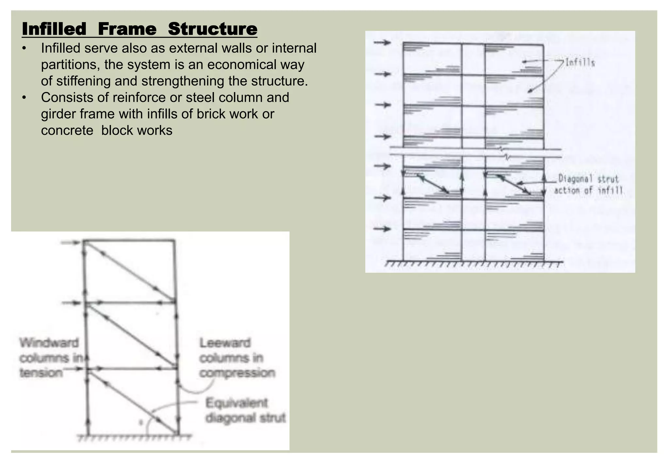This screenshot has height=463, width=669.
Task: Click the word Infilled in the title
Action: pyautogui.click(x=54, y=29)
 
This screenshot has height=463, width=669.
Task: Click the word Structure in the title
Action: pyautogui.click(x=212, y=29)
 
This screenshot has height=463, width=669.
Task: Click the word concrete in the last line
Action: pyautogui.click(x=67, y=131)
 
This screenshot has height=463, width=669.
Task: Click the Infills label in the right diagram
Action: pyautogui.click(x=580, y=62)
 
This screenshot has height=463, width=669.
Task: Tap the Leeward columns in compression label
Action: pyautogui.click(x=237, y=358)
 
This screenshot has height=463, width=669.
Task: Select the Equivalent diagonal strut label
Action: pyautogui.click(x=245, y=410)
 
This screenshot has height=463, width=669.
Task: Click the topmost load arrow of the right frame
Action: pyautogui.click(x=382, y=42)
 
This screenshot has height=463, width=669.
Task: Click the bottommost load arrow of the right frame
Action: pyautogui.click(x=382, y=229)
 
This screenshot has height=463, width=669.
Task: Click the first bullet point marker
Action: pyautogui.click(x=24, y=49)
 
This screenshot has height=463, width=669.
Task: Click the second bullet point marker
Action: pyautogui.click(x=24, y=98)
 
